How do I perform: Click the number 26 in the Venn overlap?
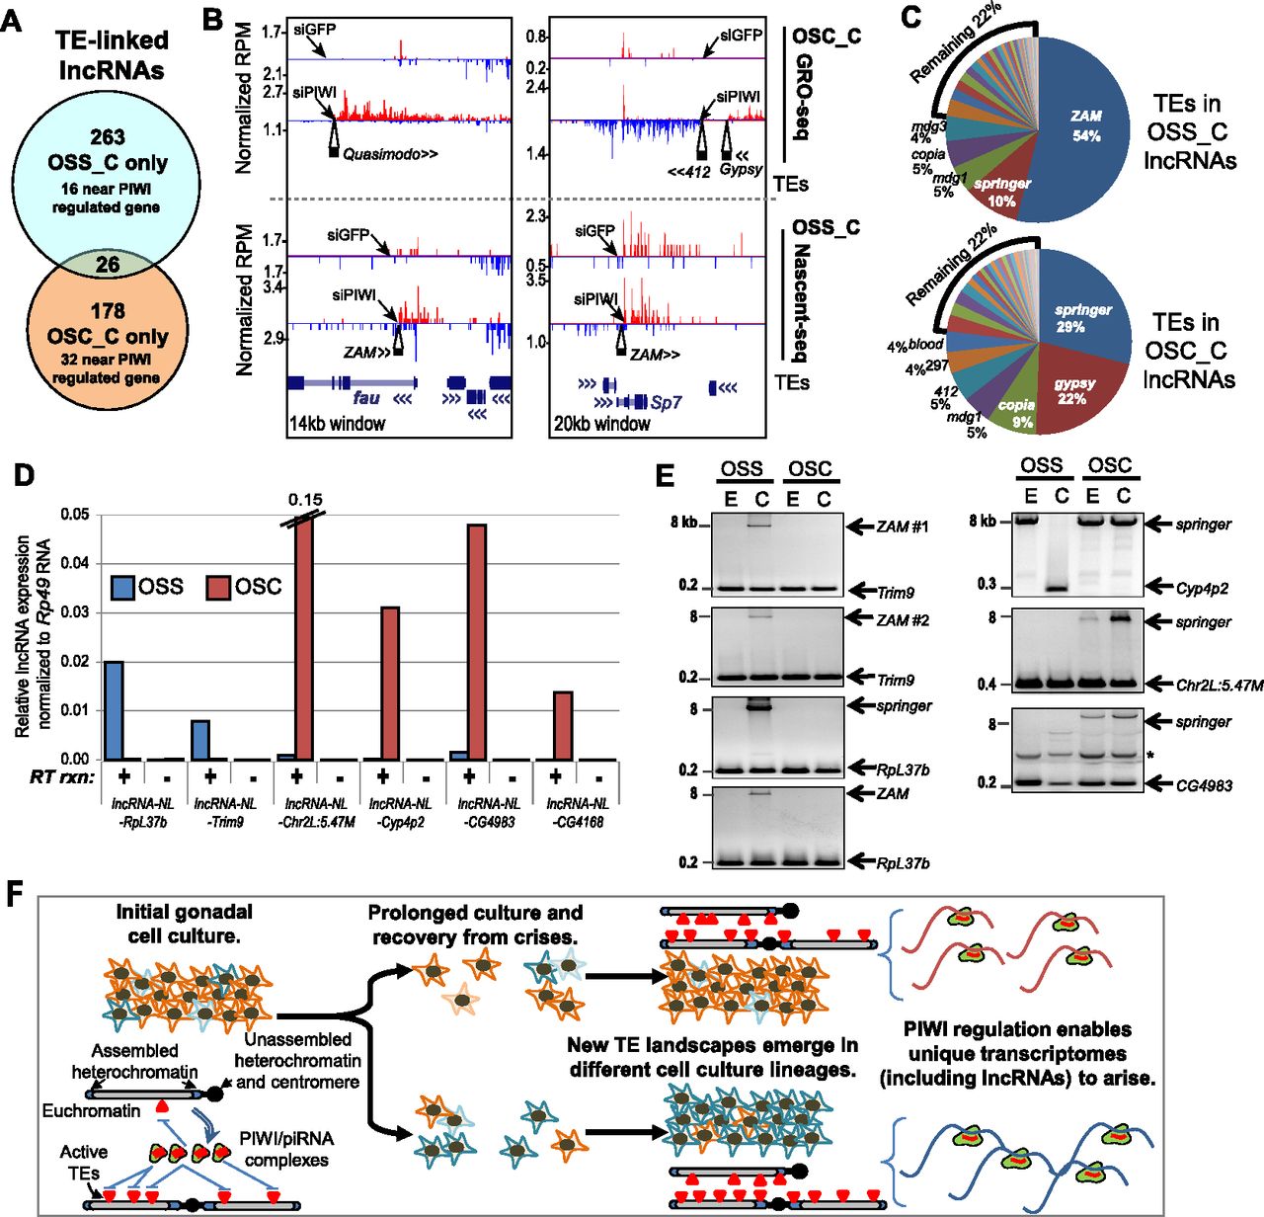click(107, 265)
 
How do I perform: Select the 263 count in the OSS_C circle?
click(107, 137)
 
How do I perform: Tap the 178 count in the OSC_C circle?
click(108, 311)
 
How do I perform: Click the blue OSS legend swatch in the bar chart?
click(121, 587)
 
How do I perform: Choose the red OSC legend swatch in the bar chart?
click(216, 587)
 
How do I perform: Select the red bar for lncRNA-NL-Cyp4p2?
click(389, 683)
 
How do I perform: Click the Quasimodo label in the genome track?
click(390, 154)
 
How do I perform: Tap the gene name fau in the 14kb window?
click(366, 398)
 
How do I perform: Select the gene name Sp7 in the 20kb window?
click(666, 402)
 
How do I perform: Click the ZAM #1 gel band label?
click(902, 527)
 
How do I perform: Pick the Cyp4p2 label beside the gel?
click(1202, 588)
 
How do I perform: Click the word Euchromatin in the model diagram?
click(92, 1111)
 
